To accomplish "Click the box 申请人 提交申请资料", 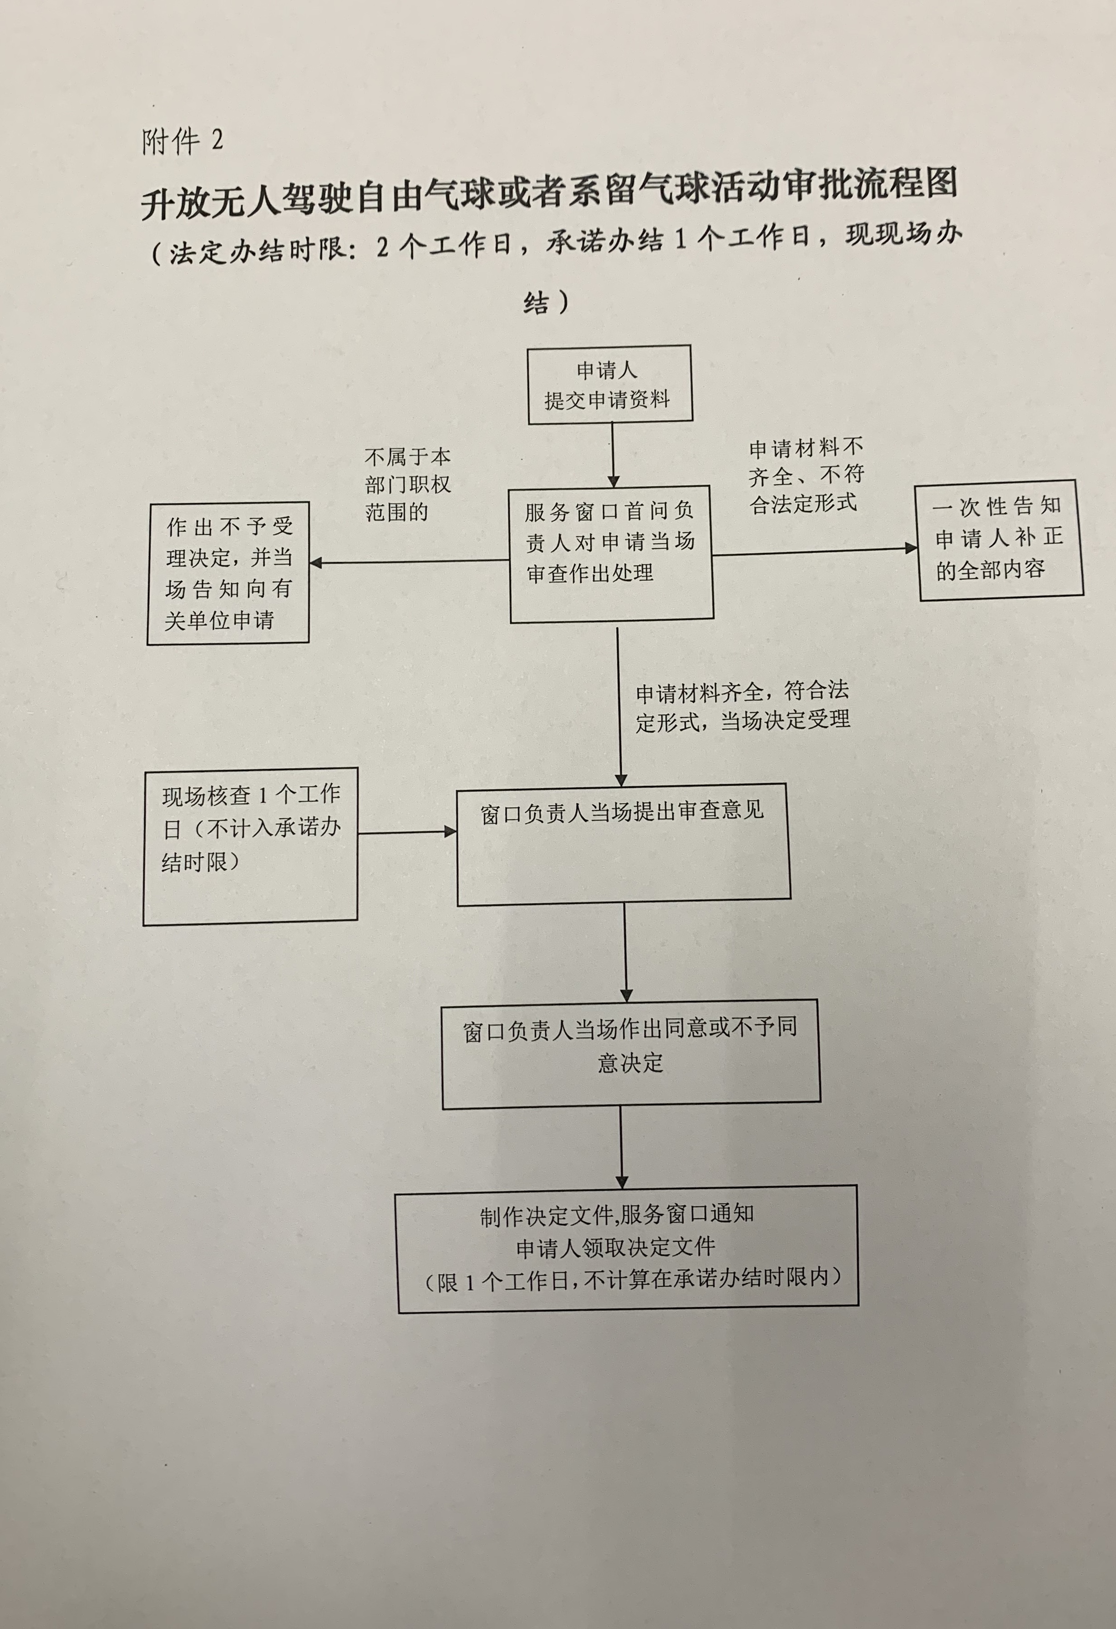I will (609, 384).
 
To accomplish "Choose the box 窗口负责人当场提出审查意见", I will (623, 843).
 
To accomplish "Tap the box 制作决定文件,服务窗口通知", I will (627, 1248).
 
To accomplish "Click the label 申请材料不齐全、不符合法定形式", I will (806, 476).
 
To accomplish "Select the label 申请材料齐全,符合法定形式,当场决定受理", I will (742, 706).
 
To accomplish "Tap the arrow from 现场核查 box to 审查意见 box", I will (406, 833).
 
